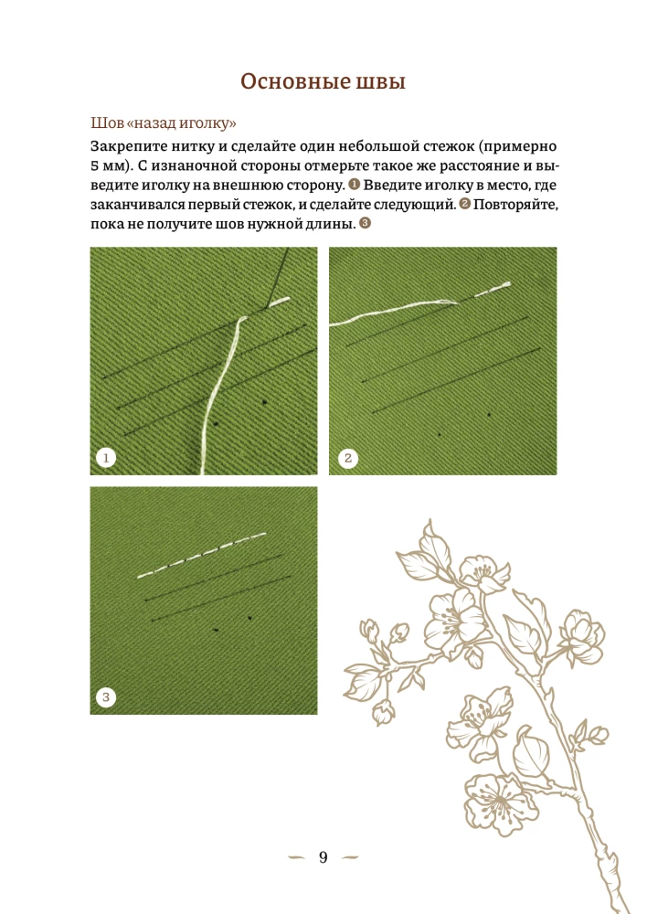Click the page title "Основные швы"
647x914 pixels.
tap(323, 81)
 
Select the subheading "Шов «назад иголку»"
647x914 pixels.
tap(164, 123)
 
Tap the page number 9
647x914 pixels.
tap(323, 857)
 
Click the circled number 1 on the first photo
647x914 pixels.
tap(106, 458)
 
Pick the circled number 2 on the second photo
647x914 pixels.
tap(348, 458)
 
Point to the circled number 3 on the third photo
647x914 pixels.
tap(106, 696)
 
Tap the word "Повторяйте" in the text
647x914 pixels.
tap(515, 205)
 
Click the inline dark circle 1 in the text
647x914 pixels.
tap(355, 185)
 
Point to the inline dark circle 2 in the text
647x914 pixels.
tap(464, 204)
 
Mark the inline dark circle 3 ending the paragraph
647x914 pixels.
tap(365, 223)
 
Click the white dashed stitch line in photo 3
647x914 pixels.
tap(202, 555)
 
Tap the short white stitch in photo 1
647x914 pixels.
tap(279, 302)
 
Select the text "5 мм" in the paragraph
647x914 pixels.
tap(108, 165)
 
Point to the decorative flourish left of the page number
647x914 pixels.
tap(296, 857)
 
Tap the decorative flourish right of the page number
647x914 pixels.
tap(350, 857)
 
